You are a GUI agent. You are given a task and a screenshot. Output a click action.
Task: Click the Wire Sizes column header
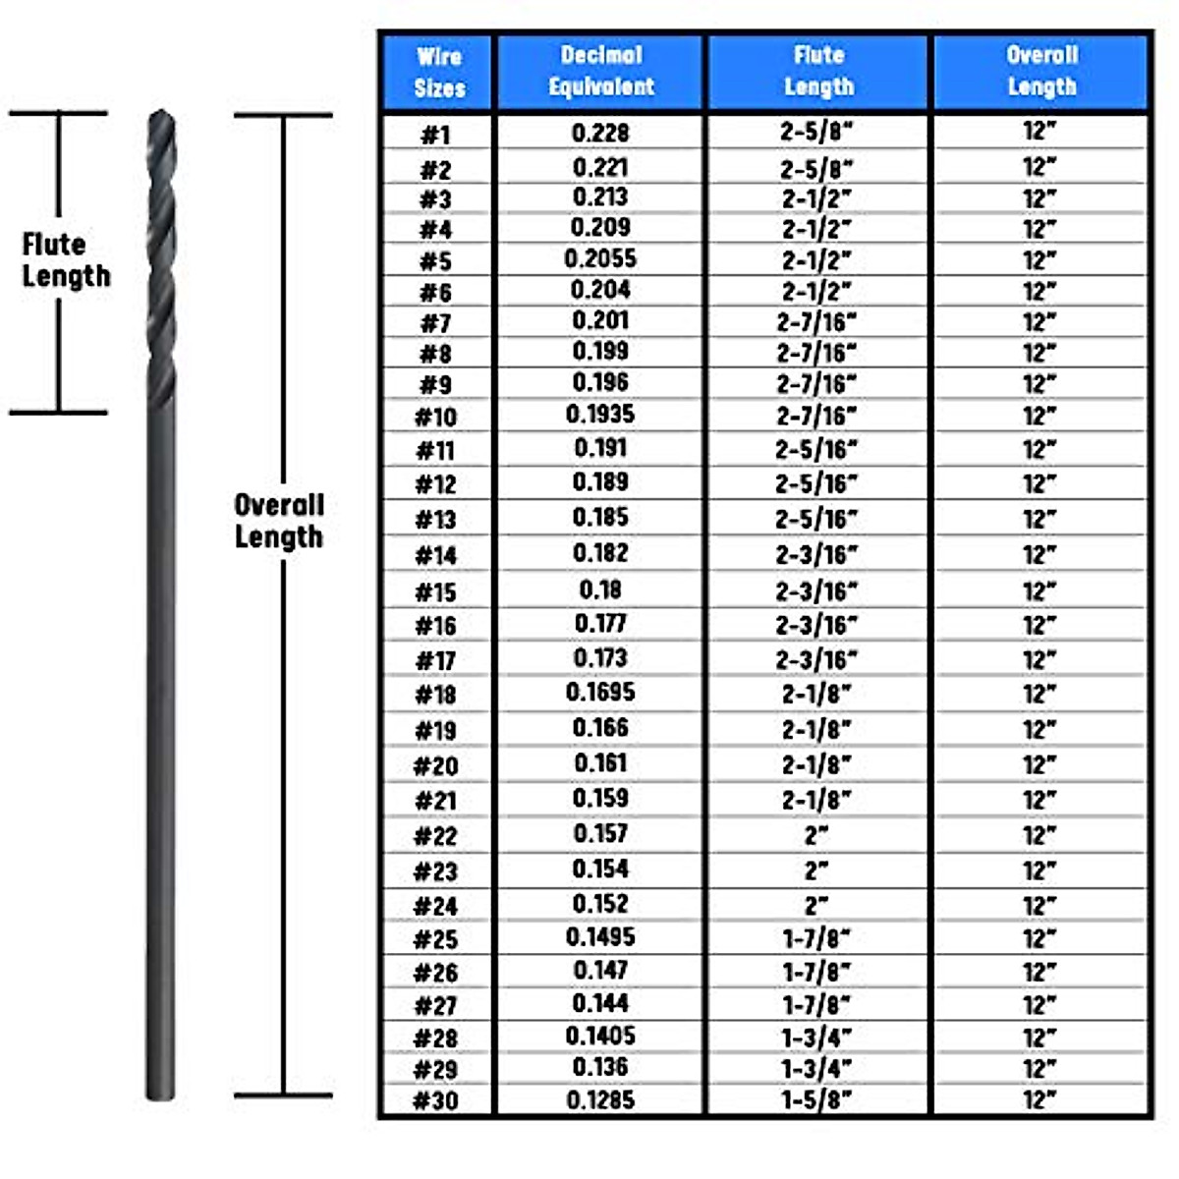coord(438,72)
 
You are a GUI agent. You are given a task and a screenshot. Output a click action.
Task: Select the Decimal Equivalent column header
coord(600,71)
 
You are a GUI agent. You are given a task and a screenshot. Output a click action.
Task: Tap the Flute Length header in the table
coord(818,71)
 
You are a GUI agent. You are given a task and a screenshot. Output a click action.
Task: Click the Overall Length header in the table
coord(1041,71)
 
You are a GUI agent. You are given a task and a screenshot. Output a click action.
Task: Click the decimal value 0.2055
coord(600,259)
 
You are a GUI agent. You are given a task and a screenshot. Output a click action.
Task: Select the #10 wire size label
coord(435,418)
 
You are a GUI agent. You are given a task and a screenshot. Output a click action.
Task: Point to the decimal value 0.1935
coord(600,415)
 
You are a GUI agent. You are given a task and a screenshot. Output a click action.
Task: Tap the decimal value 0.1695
coord(600,693)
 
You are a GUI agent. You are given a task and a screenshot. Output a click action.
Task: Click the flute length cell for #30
coord(816,1099)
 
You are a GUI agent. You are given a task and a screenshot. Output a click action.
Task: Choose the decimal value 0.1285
coord(600,1100)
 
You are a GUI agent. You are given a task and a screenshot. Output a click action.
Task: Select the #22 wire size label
coord(435,836)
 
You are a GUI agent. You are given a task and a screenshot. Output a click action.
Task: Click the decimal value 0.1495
coord(600,937)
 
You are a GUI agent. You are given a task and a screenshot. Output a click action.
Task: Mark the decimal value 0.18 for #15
coord(600,589)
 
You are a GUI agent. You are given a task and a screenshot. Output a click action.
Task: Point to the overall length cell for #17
coord(1039,659)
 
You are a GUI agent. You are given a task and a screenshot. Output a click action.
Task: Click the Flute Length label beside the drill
coord(66,259)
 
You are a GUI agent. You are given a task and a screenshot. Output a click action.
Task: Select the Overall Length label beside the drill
coord(279,521)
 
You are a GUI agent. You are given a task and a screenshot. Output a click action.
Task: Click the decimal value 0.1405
coord(600,1036)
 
